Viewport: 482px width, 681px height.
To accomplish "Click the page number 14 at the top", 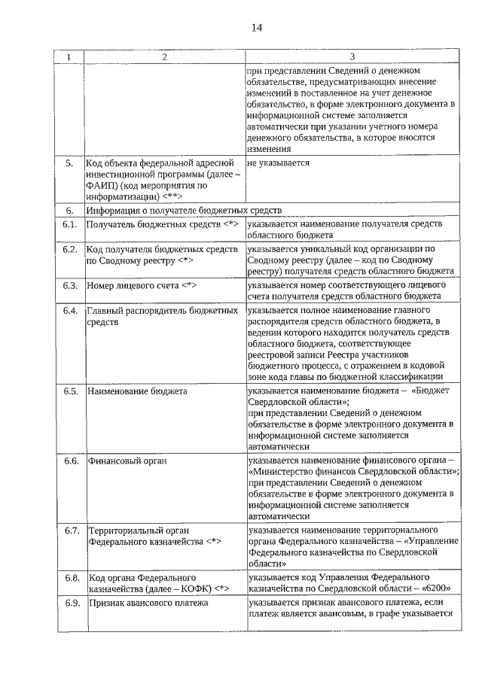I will (x=256, y=28).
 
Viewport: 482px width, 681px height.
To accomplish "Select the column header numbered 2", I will (x=163, y=57).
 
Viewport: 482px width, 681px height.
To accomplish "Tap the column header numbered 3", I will (x=352, y=57).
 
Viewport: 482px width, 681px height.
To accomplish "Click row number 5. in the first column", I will (x=70, y=163).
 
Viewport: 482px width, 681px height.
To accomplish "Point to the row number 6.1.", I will (x=71, y=224).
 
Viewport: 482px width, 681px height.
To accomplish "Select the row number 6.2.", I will (x=71, y=248).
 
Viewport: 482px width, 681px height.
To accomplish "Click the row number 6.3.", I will (x=71, y=286).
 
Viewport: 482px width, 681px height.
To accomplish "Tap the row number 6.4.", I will (x=71, y=311).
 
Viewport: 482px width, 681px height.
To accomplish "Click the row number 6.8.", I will (x=72, y=577).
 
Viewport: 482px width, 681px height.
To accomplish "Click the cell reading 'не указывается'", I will (x=278, y=163).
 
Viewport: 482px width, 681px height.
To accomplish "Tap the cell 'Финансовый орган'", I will (x=127, y=461).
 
